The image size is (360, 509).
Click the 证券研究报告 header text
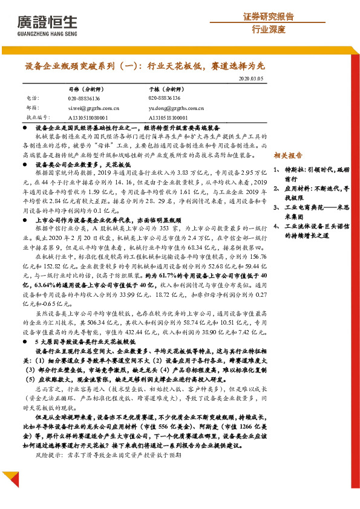(x=268, y=16)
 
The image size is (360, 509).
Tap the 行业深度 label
(x=268, y=29)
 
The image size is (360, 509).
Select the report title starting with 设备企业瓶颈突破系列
(x=144, y=66)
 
